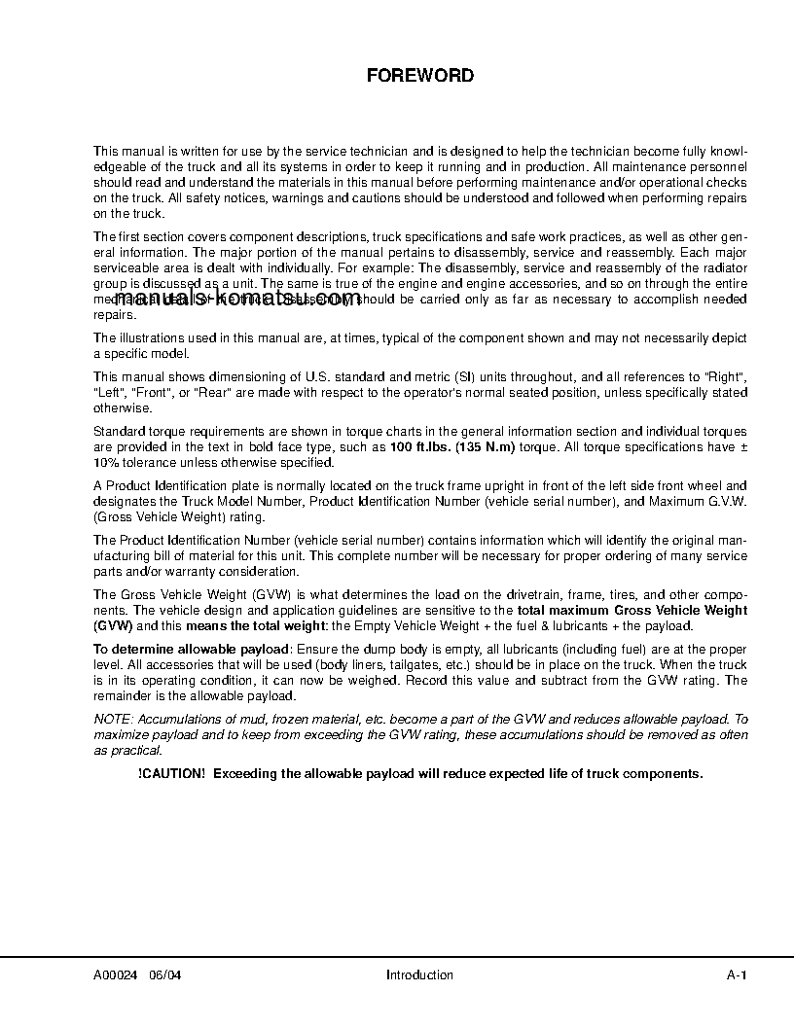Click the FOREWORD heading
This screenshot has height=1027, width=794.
tap(419, 75)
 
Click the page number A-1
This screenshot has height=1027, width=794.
tap(736, 975)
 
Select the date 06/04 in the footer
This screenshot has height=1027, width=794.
tap(165, 975)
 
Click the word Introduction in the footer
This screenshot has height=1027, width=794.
tap(419, 975)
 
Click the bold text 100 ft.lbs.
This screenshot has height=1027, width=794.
tap(423, 446)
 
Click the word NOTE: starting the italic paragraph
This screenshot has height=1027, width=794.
tap(114, 720)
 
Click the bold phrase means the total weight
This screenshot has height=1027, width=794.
tap(246, 625)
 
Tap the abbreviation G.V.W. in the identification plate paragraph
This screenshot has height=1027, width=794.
tap(723, 501)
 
